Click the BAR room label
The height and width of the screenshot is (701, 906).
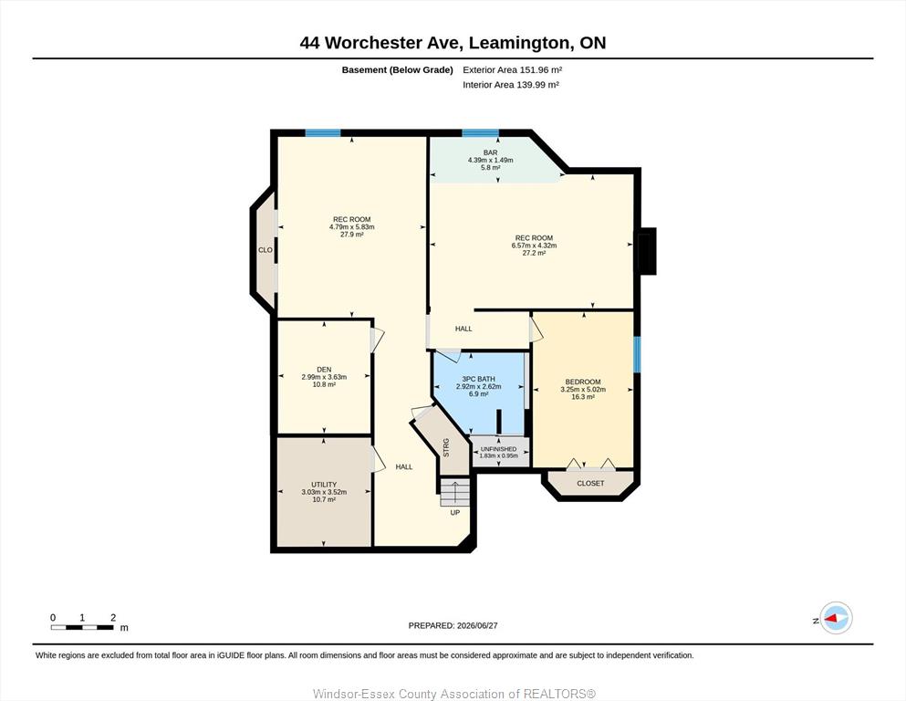[491, 152]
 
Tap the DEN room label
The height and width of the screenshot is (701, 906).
[324, 370]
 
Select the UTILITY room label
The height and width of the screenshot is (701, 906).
[324, 485]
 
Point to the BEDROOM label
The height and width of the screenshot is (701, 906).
[583, 382]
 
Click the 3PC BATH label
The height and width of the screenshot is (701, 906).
[478, 379]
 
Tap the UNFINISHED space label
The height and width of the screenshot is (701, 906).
[499, 449]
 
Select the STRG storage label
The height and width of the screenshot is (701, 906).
[446, 448]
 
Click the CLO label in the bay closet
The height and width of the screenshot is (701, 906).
[266, 250]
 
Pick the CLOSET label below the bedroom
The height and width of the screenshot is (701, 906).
[590, 483]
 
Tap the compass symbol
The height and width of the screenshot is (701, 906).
[836, 618]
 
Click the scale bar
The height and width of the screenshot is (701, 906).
[82, 627]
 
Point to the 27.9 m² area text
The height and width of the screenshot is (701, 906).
[352, 235]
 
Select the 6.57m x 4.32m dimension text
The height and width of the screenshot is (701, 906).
[534, 245]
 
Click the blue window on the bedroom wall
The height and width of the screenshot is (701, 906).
[638, 354]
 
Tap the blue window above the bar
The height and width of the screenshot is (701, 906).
[480, 133]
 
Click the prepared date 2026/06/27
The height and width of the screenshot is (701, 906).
[477, 625]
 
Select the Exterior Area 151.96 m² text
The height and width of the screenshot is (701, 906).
[513, 70]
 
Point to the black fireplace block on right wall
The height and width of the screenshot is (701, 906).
[647, 251]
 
